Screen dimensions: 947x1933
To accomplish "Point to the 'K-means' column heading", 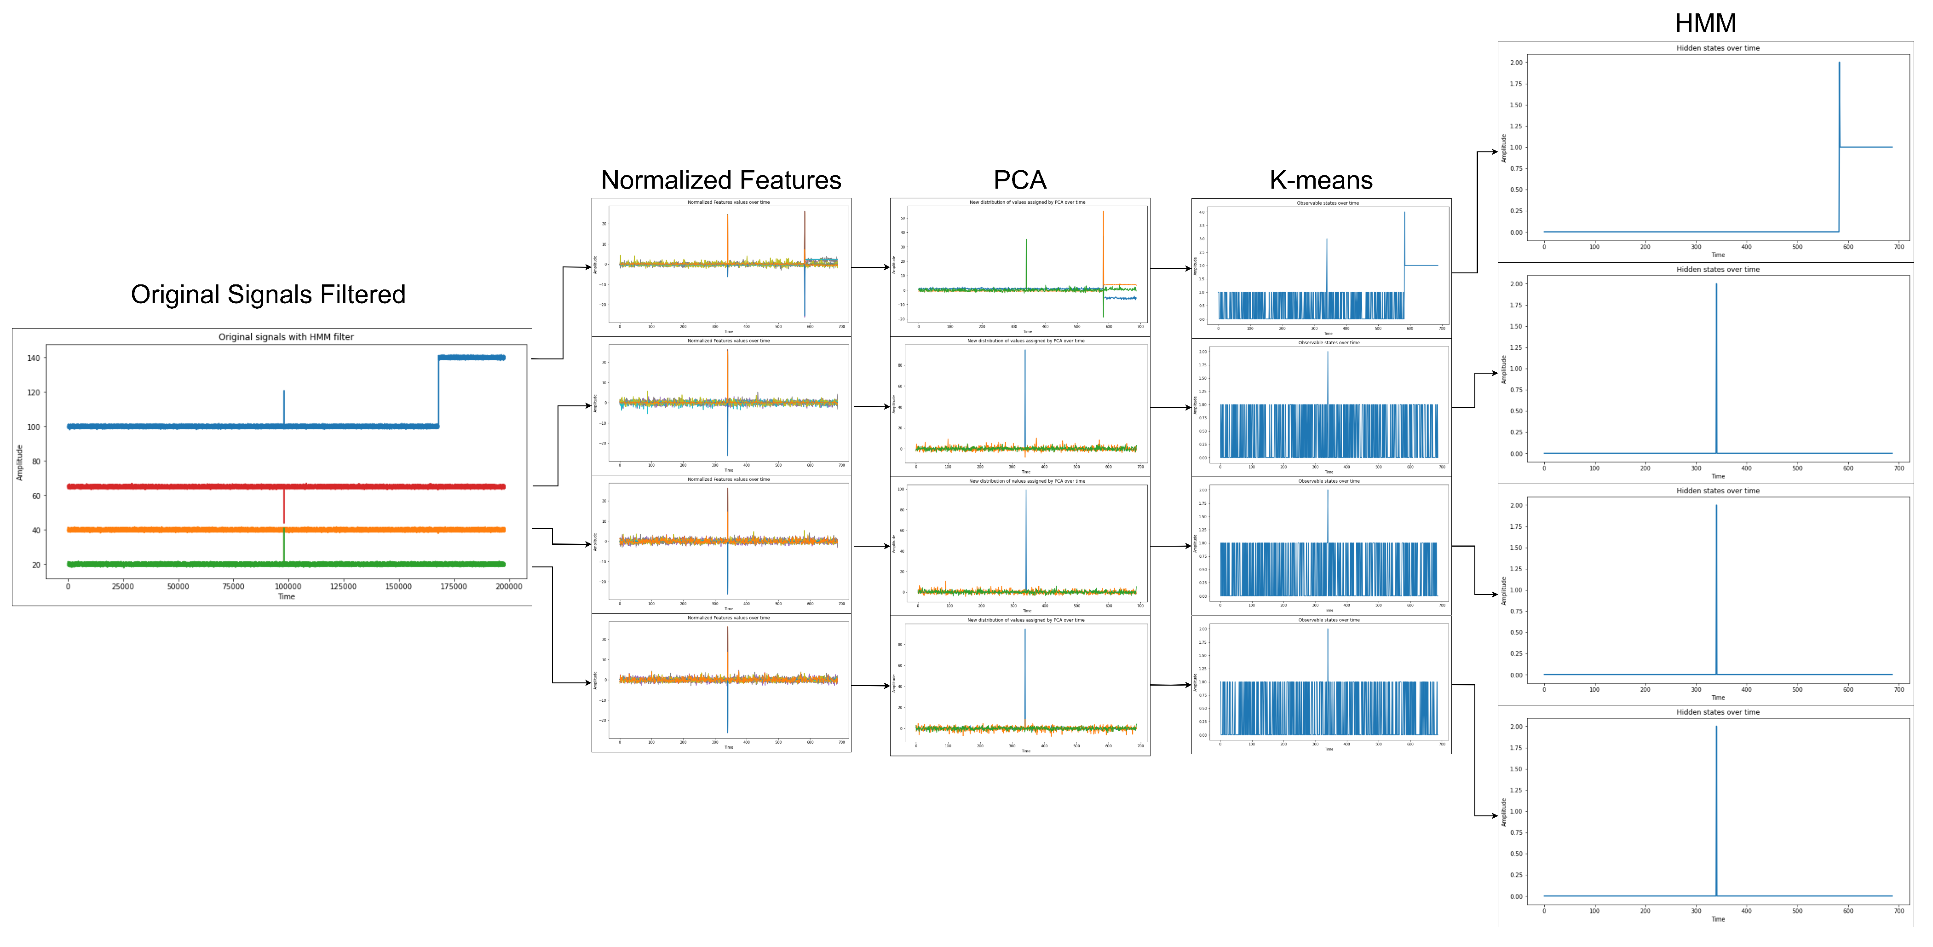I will point(1321,180).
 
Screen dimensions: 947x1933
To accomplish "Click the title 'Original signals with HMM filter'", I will point(286,337).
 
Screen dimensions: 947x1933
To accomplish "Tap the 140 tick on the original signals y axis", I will point(34,358).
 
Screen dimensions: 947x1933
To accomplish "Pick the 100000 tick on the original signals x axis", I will point(288,587).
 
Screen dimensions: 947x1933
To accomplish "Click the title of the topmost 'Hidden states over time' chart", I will point(1718,48).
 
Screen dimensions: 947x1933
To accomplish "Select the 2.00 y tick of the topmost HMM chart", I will point(1516,63).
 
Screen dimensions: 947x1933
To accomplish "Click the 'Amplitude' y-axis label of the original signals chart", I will point(19,462).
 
